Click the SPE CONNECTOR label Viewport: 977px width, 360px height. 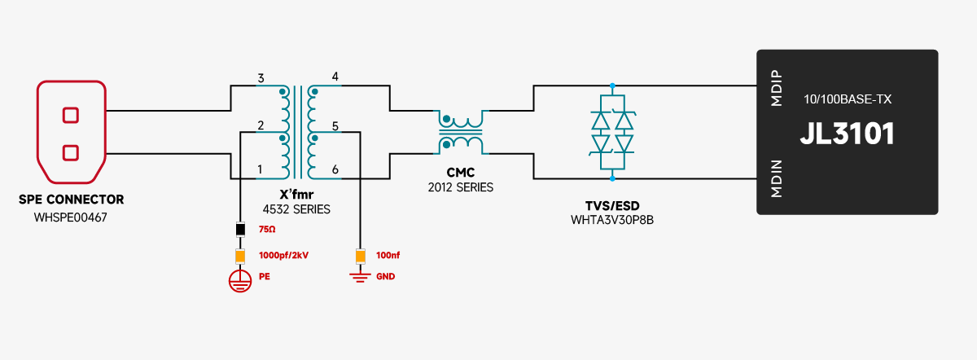[71, 200]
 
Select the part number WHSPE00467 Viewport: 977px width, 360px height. [71, 217]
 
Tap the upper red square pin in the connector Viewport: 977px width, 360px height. [71, 116]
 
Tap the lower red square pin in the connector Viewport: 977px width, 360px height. [71, 152]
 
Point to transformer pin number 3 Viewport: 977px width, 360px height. [261, 79]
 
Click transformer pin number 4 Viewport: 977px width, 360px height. [335, 77]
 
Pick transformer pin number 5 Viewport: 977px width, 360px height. [335, 126]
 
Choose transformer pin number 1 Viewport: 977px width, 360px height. [261, 169]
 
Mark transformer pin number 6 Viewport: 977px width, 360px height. [335, 169]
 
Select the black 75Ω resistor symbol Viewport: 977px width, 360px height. [240, 230]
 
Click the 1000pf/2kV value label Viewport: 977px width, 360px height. [283, 256]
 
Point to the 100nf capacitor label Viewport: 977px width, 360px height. [388, 256]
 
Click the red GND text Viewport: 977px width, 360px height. [386, 277]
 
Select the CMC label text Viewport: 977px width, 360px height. [460, 173]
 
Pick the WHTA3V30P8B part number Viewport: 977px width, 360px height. [612, 219]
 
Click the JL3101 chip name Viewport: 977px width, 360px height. [847, 134]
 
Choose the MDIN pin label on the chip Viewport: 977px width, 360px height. [776, 179]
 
